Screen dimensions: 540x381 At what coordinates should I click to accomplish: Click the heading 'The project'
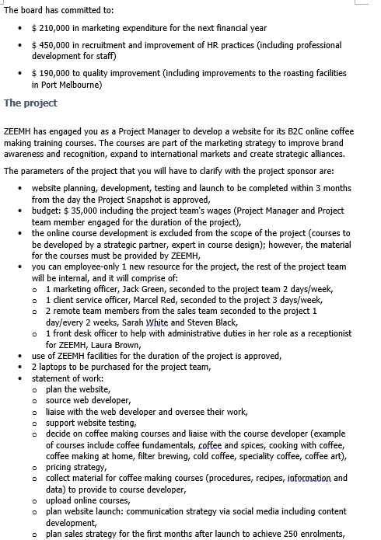30,103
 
